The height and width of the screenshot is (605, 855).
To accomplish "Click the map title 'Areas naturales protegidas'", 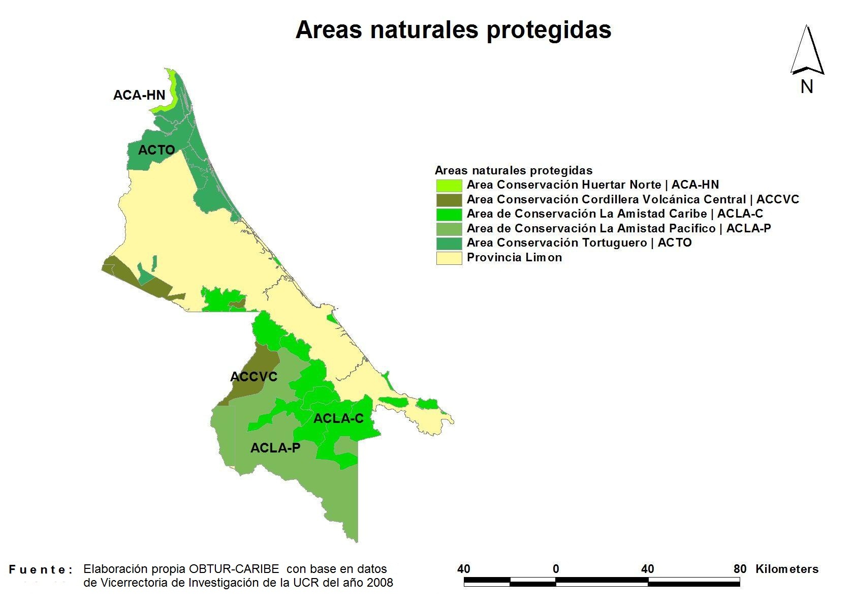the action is tap(454, 30).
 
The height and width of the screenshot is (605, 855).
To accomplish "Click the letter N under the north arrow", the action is tap(807, 87).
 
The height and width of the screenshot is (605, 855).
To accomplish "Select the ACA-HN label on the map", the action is tap(139, 95).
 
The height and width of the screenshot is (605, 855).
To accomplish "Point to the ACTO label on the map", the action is tap(156, 150).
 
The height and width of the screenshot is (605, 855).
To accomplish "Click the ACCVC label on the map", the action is tap(254, 377).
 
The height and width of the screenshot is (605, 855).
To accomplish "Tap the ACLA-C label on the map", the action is tap(338, 418).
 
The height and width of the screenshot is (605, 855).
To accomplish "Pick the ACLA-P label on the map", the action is tap(275, 448).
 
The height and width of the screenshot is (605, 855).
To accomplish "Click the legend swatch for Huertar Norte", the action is tap(449, 185).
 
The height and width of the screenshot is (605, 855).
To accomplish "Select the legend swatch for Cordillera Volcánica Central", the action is tap(449, 200).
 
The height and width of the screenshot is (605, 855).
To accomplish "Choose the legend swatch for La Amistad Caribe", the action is tap(449, 214).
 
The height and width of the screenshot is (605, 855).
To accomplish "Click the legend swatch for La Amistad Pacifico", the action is tap(449, 229).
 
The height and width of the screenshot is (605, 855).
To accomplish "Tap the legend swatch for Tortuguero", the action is tap(449, 244).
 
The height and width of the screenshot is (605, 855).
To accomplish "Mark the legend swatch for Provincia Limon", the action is tap(449, 258).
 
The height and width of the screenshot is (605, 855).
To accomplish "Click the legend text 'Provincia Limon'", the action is tap(514, 257).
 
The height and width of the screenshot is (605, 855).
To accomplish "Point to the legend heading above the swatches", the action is tap(514, 170).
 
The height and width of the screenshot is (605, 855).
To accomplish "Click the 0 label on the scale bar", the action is tap(556, 569).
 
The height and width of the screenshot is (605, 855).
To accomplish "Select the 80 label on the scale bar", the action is tap(740, 569).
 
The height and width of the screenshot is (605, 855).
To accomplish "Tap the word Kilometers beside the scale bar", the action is tap(787, 569).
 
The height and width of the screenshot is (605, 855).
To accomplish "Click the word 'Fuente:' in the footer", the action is tap(41, 570).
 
